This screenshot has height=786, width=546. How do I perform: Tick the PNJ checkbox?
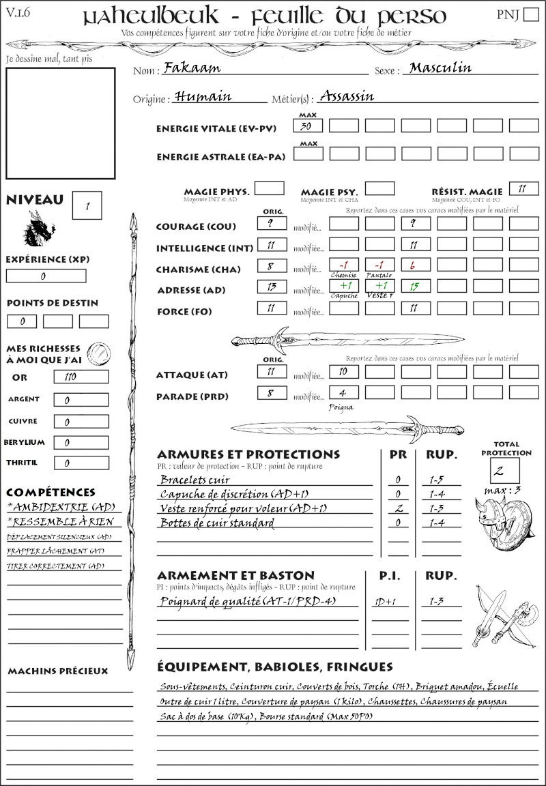pyautogui.click(x=530, y=15)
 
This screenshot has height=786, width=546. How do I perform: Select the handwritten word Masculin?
pyautogui.click(x=440, y=68)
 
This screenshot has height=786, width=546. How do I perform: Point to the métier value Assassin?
pyautogui.click(x=347, y=96)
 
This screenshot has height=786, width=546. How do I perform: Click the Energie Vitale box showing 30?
pyautogui.click(x=308, y=126)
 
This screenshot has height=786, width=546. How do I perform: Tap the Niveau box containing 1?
pyautogui.click(x=87, y=205)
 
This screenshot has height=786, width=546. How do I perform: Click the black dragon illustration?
pyautogui.click(x=38, y=229)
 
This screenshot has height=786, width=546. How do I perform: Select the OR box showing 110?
pyautogui.click(x=81, y=377)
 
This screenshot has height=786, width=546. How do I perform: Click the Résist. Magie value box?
pyautogui.click(x=523, y=189)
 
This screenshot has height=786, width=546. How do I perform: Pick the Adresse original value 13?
pyautogui.click(x=271, y=287)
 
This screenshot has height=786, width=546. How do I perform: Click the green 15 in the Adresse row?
pyautogui.click(x=415, y=287)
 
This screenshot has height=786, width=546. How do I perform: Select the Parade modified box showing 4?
pyautogui.click(x=343, y=393)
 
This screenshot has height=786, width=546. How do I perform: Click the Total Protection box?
pyautogui.click(x=504, y=471)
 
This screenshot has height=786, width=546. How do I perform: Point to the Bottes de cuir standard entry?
pyautogui.click(x=217, y=523)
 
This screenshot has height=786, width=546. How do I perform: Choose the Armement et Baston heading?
pyautogui.click(x=235, y=575)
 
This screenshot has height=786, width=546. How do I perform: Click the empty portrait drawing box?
pyautogui.click(x=61, y=122)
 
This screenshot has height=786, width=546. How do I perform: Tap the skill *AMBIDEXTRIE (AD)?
pyautogui.click(x=60, y=507)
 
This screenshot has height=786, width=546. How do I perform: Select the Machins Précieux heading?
pyautogui.click(x=57, y=671)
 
